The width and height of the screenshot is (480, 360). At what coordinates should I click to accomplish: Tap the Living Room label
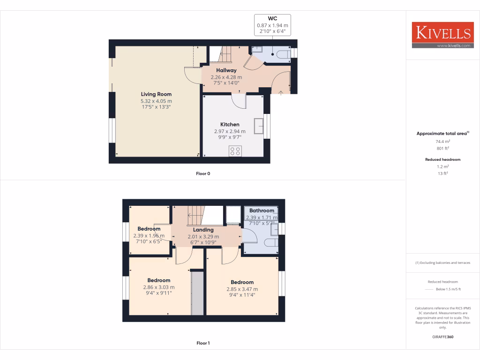point(156,94)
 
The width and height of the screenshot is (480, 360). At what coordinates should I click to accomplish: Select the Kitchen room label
point(230,125)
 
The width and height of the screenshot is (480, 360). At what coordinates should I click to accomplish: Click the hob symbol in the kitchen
point(235,151)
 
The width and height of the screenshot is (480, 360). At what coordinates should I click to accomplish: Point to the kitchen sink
point(259,126)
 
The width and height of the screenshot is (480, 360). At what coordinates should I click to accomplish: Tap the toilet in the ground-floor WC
point(282,54)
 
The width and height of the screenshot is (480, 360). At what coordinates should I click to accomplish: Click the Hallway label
point(226,70)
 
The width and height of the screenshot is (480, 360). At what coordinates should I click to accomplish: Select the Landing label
point(203,230)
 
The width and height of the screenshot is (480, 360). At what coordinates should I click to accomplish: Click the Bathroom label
point(262,210)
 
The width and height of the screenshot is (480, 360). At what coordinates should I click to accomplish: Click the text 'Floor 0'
point(203,173)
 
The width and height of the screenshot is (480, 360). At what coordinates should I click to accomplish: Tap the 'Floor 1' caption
point(203,343)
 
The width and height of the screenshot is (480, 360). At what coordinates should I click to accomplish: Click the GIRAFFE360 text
point(442,337)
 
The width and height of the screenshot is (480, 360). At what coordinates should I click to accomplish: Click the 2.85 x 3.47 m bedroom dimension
point(242,289)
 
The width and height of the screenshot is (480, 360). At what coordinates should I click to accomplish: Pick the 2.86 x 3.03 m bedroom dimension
point(158,287)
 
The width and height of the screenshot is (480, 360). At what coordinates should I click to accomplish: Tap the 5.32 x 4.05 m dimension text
point(156,101)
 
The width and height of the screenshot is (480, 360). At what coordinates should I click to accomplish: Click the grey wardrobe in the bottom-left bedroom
point(197,293)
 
